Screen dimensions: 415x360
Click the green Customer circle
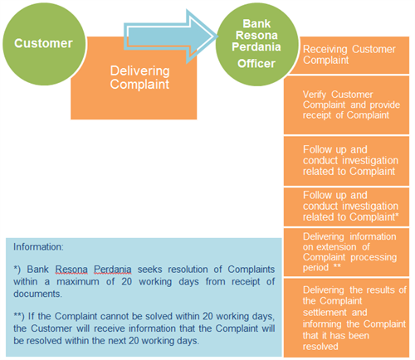coord(44,44)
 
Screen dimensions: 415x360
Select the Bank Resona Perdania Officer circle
coord(256,44)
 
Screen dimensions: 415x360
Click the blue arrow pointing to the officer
coord(170,36)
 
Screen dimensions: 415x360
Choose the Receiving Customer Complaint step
coord(349,55)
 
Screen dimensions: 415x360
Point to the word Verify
coord(315,95)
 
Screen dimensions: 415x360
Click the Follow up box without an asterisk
coord(346,161)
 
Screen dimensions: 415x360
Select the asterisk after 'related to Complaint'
coord(397,215)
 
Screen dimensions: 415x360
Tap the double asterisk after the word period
coord(337,266)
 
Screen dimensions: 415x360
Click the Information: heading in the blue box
coord(38,247)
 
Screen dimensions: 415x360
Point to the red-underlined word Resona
coord(71,270)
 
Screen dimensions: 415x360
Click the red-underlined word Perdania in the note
coord(113,270)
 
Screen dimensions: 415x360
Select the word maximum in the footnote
coord(78,282)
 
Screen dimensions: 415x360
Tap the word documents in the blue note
coord(38,294)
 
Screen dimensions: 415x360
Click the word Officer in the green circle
coord(256,64)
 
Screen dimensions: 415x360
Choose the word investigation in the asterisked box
coord(370,207)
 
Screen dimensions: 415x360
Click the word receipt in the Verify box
coord(317,115)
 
